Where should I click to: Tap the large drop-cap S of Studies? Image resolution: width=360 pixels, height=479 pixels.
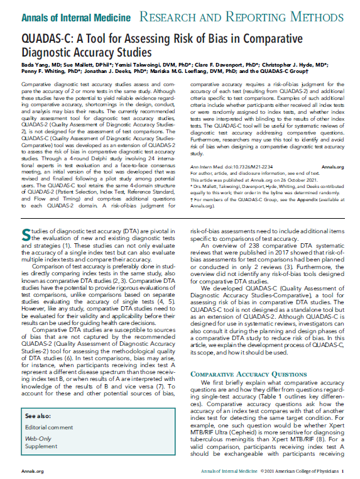[x=25, y=234]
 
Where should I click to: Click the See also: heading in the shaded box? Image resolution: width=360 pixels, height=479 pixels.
[x=38, y=416]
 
